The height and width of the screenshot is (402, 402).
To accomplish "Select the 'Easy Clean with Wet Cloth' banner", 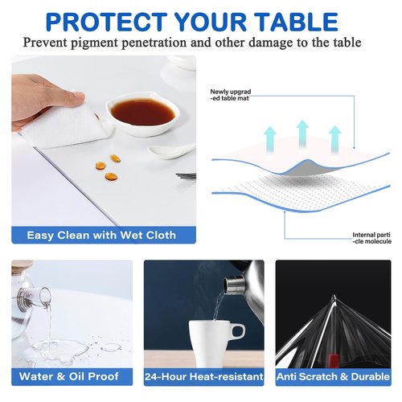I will (100, 236).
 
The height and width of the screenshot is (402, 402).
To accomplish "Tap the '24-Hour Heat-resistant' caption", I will (204, 375).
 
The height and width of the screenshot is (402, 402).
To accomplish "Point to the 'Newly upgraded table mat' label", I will (232, 95).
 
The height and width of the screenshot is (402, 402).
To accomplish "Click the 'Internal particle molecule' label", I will (371, 238).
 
